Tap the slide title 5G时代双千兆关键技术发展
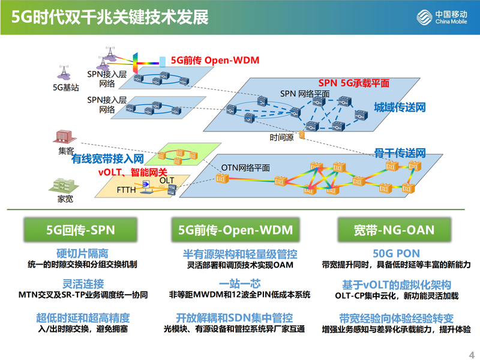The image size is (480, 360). pyautogui.click(x=110, y=17)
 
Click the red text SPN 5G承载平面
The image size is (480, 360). pyautogui.click(x=353, y=83)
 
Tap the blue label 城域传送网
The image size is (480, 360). pyautogui.click(x=400, y=107)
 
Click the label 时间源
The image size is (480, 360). pyautogui.click(x=281, y=137)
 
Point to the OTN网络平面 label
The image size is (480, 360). pyautogui.click(x=246, y=167)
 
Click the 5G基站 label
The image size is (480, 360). pyautogui.click(x=65, y=86)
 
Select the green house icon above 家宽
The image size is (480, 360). pyautogui.click(x=62, y=184)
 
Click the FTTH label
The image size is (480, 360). pyautogui.click(x=127, y=191)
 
